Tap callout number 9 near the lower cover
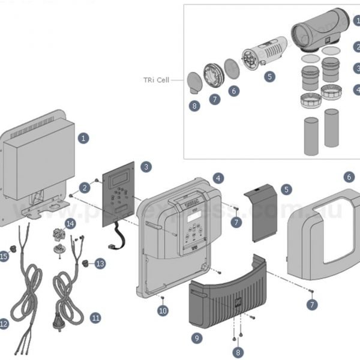pyautogui.click(x=197, y=338)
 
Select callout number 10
pyautogui.click(x=163, y=310)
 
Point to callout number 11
pyautogui.click(x=95, y=317)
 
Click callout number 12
pyautogui.click(x=4, y=324)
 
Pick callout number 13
pyautogui.click(x=100, y=263)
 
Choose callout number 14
pyautogui.click(x=71, y=224)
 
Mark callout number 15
pyautogui.click(x=4, y=257)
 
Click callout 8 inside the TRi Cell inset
pyautogui.click(x=193, y=106)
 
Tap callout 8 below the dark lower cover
pyautogui.click(x=238, y=353)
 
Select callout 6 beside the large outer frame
pyautogui.click(x=350, y=177)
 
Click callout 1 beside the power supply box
pyautogui.click(x=83, y=138)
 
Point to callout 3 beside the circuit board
pyautogui.click(x=145, y=166)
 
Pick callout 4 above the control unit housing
pyautogui.click(x=218, y=178)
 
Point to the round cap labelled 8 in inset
pyautogui.click(x=194, y=82)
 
